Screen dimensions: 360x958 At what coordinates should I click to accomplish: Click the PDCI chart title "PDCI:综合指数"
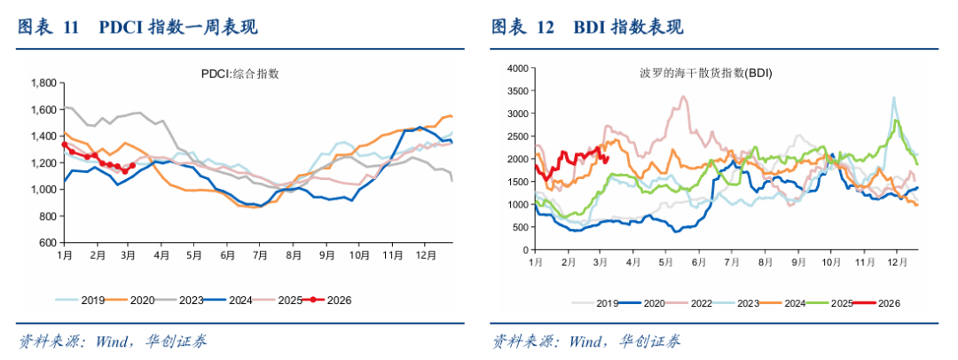(240, 74)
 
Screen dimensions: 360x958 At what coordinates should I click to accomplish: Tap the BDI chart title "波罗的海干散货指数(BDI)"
(706, 73)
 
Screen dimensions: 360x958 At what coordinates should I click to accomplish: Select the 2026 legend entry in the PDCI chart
(334, 300)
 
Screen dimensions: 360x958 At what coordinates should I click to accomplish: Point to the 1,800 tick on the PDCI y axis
(43, 83)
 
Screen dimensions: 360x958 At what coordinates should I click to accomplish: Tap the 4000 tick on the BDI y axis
(517, 67)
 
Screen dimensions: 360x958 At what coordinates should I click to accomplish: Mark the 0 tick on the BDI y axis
(525, 251)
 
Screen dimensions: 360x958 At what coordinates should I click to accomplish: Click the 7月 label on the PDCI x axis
(261, 254)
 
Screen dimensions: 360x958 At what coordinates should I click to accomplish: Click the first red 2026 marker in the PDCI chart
(65, 145)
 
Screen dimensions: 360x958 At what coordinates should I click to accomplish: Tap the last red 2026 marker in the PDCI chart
(132, 165)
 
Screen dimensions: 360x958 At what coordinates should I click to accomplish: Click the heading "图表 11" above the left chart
(50, 27)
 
